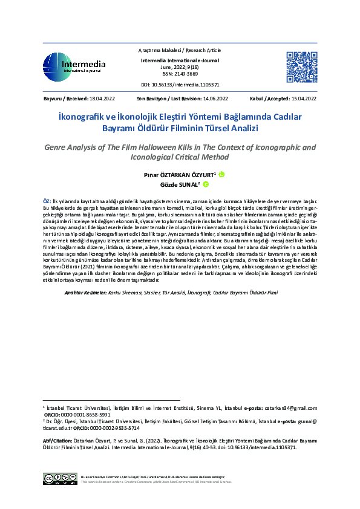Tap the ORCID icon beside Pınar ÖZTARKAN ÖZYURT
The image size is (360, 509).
221,175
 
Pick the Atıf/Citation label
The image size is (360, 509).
57,441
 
